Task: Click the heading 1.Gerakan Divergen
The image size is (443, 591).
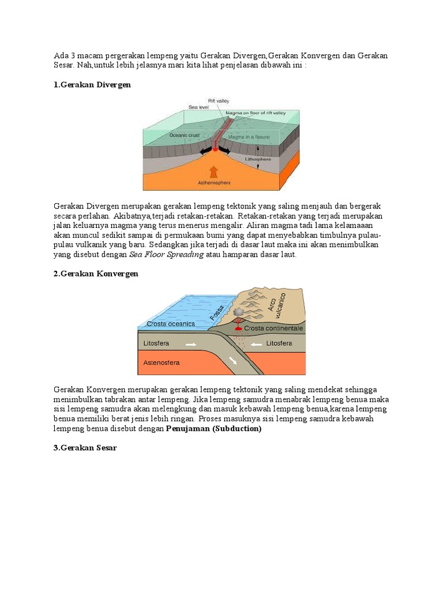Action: (x=92, y=85)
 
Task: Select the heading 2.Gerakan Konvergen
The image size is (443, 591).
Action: (x=96, y=274)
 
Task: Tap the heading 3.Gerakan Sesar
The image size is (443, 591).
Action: (x=85, y=448)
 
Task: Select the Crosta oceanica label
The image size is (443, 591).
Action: (x=171, y=324)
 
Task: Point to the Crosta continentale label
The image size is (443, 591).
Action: (x=273, y=328)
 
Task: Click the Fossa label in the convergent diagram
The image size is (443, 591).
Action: (x=217, y=312)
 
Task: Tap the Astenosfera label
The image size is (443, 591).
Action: (x=162, y=362)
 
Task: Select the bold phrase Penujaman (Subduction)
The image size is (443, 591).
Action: (x=213, y=429)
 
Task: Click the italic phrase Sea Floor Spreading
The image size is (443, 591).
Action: (x=166, y=255)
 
